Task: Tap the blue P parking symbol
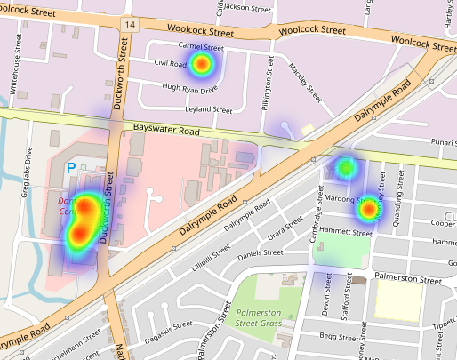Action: pyautogui.click(x=71, y=167)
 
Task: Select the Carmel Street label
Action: pyautogui.click(x=200, y=46)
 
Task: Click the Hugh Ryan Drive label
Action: pyautogui.click(x=189, y=89)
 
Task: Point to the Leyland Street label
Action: pyautogui.click(x=207, y=109)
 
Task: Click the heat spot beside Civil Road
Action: pyautogui.click(x=201, y=64)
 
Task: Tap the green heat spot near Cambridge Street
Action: pyautogui.click(x=346, y=166)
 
